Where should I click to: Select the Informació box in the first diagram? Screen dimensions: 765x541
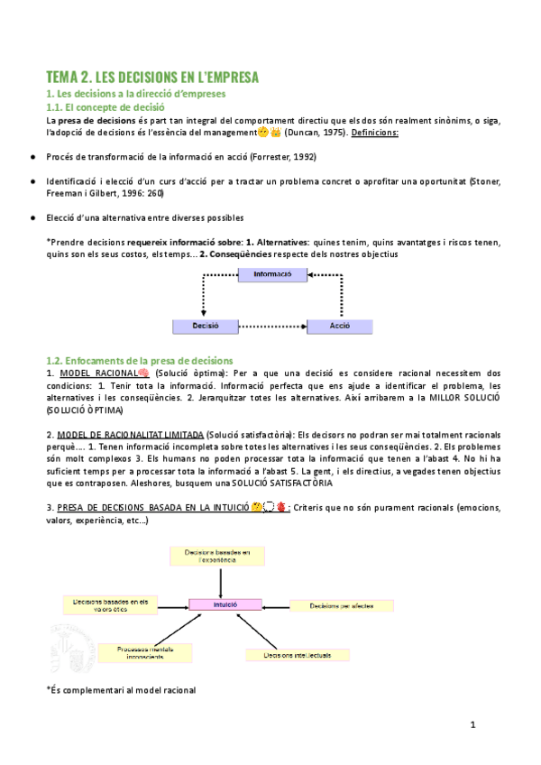pyautogui.click(x=271, y=274)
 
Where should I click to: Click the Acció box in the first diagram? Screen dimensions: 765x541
pyautogui.click(x=340, y=326)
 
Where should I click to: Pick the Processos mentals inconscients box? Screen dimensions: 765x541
pyautogui.click(x=147, y=651)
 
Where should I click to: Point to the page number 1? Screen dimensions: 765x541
pyautogui.click(x=472, y=725)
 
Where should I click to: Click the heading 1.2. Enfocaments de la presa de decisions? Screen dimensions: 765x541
pyautogui.click(x=139, y=361)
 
